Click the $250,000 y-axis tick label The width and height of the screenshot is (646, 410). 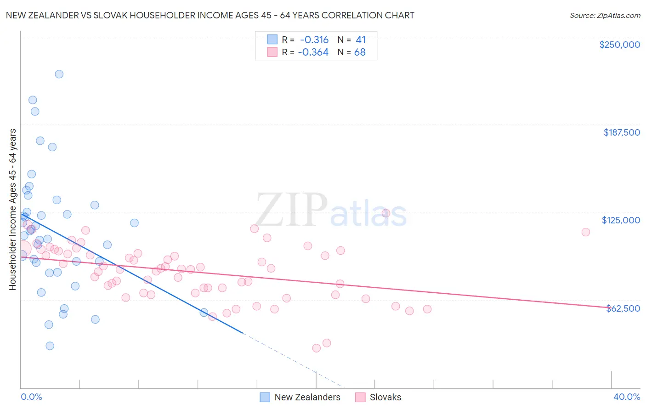(x=619, y=45)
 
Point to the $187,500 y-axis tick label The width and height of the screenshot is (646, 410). (x=621, y=132)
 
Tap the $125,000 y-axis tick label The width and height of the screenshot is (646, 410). (x=621, y=220)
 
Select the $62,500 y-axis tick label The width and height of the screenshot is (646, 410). (x=623, y=308)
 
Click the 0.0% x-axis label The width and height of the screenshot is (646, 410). (x=31, y=397)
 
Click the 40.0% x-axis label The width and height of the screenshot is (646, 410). (x=626, y=397)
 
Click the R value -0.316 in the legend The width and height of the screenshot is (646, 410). (x=314, y=40)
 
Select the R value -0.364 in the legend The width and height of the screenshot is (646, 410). (x=313, y=52)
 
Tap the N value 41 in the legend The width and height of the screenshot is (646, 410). (x=361, y=40)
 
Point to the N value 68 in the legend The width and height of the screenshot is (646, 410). (x=360, y=52)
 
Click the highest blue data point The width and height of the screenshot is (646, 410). (x=59, y=74)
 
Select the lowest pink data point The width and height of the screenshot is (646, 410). (x=317, y=348)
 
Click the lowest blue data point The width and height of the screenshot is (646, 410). (x=50, y=346)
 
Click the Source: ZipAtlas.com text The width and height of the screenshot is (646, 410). (x=605, y=16)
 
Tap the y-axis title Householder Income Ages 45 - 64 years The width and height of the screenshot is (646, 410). (x=13, y=210)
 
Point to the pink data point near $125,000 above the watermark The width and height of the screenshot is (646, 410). (x=386, y=213)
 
